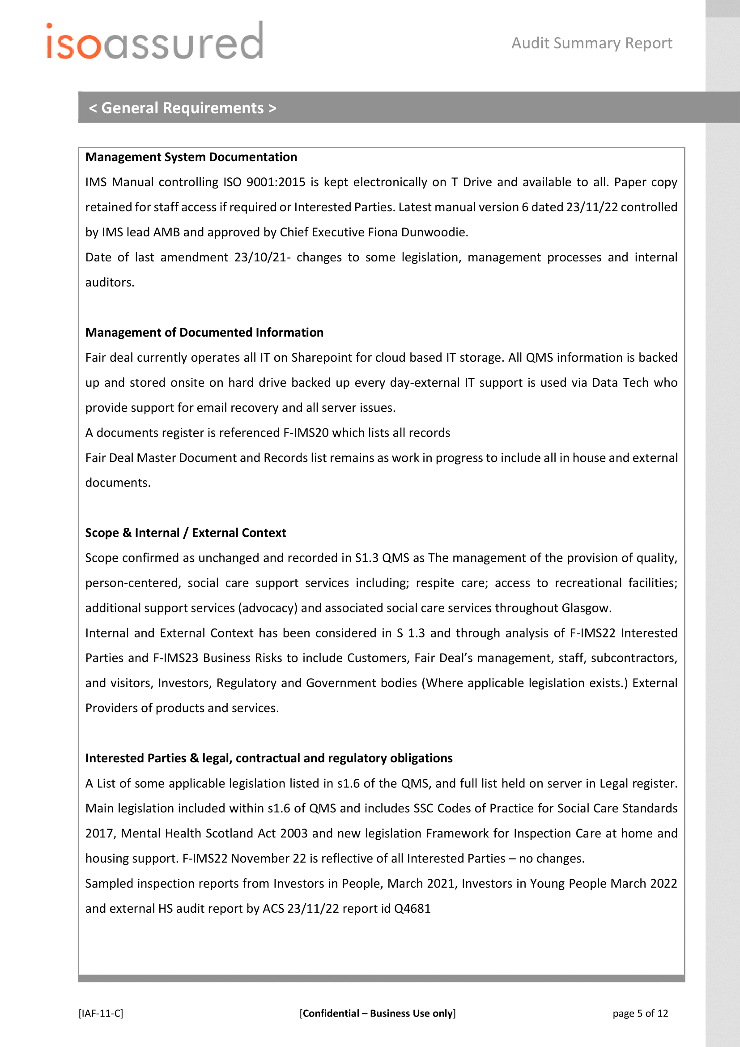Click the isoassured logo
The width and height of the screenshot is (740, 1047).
tap(155, 42)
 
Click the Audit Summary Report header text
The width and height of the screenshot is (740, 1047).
tap(591, 43)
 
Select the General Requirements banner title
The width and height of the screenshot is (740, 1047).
tap(182, 108)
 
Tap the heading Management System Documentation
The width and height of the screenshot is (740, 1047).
tap(191, 157)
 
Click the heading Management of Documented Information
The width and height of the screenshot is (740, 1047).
tap(204, 333)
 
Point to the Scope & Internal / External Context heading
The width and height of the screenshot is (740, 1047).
tap(186, 533)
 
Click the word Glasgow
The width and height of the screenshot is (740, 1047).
tap(585, 608)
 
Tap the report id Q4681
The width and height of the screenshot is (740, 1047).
tap(412, 909)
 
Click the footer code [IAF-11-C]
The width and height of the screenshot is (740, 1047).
tap(101, 1013)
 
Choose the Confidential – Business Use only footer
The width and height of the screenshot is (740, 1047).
tap(377, 1013)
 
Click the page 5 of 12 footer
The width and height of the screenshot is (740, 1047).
tap(640, 1013)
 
